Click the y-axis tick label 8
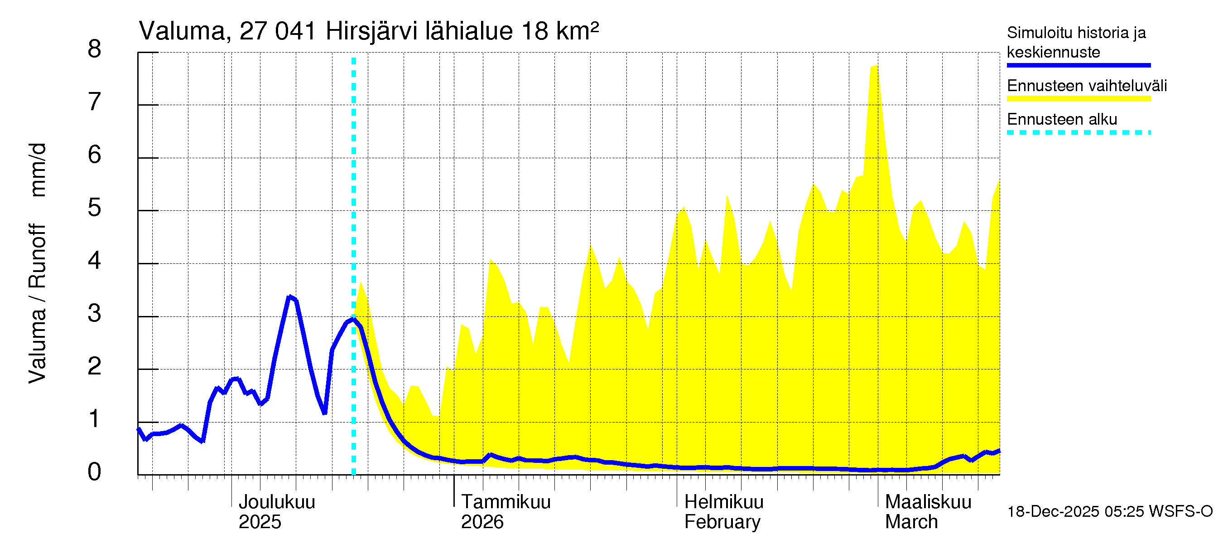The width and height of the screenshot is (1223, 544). click(x=95, y=49)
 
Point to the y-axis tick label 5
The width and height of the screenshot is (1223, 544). click(x=95, y=208)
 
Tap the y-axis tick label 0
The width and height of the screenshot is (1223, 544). click(x=95, y=472)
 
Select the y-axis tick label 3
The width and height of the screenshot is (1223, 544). click(x=95, y=314)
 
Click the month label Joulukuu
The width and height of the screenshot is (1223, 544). click(x=276, y=502)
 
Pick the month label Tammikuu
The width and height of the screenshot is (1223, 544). click(x=506, y=502)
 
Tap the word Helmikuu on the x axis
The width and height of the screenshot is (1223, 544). click(x=723, y=502)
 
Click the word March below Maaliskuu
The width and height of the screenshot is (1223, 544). click(x=911, y=522)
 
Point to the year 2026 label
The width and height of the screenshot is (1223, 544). click(x=482, y=522)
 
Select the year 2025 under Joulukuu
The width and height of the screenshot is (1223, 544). click(x=260, y=522)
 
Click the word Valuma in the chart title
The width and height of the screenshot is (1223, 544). click(x=181, y=31)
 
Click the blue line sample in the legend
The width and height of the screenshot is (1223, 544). click(x=1078, y=65)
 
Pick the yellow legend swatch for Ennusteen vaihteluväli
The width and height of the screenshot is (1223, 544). click(x=1078, y=99)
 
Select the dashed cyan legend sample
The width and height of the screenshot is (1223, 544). click(x=1078, y=132)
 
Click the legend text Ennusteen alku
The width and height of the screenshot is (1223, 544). click(x=1062, y=119)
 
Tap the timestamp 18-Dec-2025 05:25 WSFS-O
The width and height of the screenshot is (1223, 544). click(x=1109, y=512)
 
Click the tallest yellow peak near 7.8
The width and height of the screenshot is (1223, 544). click(x=874, y=67)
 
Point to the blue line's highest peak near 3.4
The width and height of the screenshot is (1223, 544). click(x=289, y=297)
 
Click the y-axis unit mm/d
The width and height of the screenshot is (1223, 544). click(x=38, y=170)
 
